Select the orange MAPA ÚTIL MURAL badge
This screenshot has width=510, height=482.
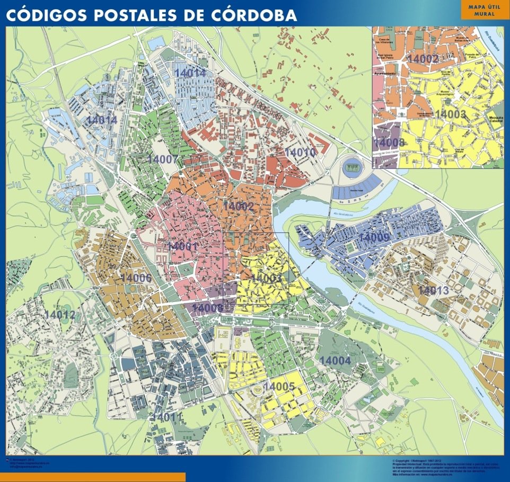pyautogui.click(x=482, y=10)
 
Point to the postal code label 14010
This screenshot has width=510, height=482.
pyautogui.click(x=300, y=152)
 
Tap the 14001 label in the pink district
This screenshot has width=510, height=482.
pyautogui.click(x=183, y=246)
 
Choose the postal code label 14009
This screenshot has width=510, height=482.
pyautogui.click(x=374, y=238)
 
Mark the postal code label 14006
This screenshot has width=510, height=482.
pyautogui.click(x=136, y=278)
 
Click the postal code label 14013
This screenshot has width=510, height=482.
pyautogui.click(x=433, y=290)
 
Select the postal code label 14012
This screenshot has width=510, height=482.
pyautogui.click(x=60, y=315)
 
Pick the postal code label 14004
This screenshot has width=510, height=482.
pyautogui.click(x=335, y=360)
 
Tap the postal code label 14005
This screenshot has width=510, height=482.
pyautogui.click(x=279, y=387)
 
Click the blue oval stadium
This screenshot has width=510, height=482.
pyautogui.click(x=350, y=169)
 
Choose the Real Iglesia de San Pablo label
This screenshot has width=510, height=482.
pyautogui.click(x=386, y=56)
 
